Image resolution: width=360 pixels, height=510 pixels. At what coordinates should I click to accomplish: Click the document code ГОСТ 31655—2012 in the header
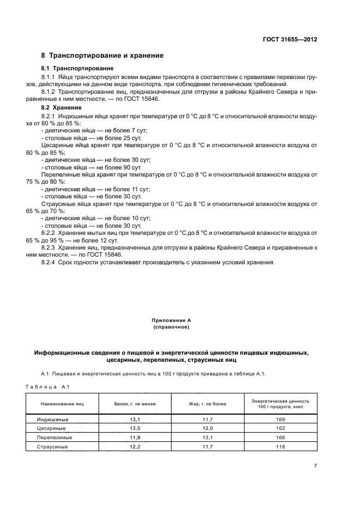tap(290, 40)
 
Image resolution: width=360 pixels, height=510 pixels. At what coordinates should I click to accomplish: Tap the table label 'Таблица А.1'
tap(45, 386)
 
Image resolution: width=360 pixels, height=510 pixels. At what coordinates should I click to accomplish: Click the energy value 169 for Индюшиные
tap(281, 420)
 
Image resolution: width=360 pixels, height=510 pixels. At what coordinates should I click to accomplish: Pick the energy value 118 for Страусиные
tap(281, 446)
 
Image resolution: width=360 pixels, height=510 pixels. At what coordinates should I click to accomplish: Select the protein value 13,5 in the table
tap(134, 428)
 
